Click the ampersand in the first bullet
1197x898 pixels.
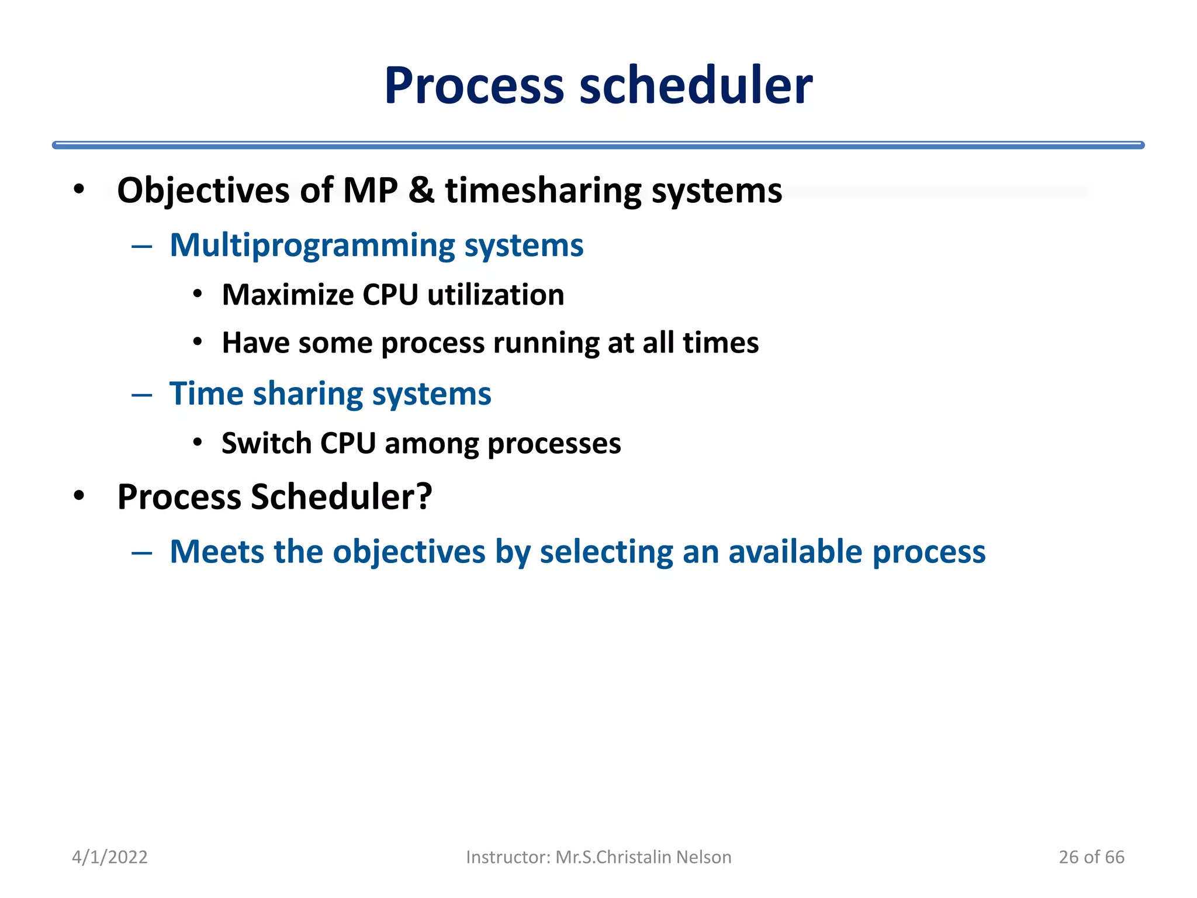point(421,191)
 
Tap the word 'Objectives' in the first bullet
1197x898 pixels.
point(203,191)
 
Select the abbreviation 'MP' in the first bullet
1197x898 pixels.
point(370,191)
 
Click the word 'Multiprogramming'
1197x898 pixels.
point(312,246)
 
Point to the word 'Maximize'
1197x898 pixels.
point(288,295)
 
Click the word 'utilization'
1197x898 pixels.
point(496,295)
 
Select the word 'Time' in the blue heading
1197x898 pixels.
point(206,393)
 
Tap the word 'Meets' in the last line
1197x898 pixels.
point(217,552)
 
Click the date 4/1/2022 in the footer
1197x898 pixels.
point(109,857)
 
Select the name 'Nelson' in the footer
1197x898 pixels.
point(703,857)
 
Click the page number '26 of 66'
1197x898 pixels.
point(1091,857)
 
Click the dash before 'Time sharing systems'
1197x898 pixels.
point(141,395)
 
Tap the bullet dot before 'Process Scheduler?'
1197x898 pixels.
point(79,496)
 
